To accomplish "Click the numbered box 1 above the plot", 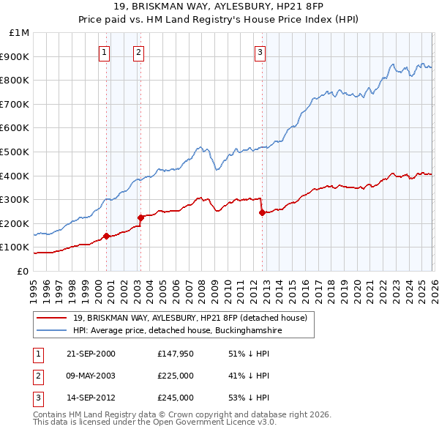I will [x=105, y=52].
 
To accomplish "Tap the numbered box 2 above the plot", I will [x=138, y=52].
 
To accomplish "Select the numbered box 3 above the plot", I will [x=260, y=52].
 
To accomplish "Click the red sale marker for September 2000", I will [x=107, y=236].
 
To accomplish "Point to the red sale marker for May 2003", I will [x=140, y=217].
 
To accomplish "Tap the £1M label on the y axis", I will [x=19, y=33].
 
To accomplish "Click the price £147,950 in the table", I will [x=176, y=354].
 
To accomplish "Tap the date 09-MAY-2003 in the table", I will [x=90, y=376].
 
